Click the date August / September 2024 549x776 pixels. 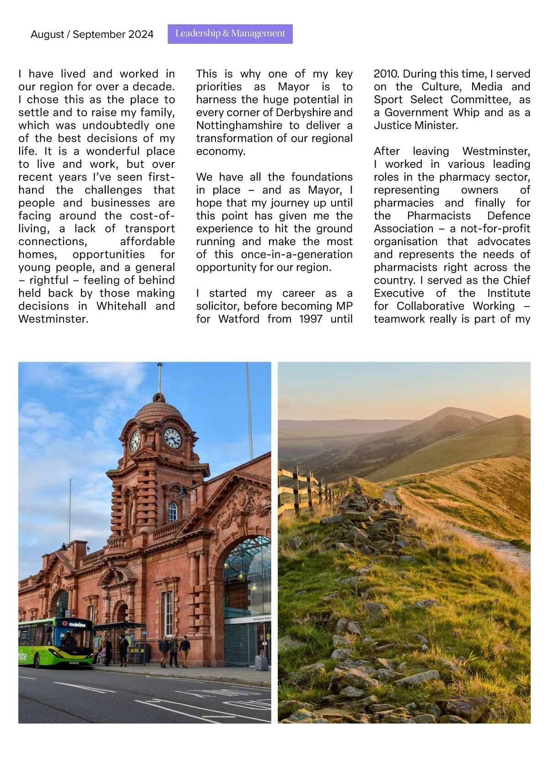92,34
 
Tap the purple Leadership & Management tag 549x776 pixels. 230,34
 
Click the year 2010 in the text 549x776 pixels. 387,74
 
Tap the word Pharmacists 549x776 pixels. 439,216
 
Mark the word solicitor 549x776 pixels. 217,306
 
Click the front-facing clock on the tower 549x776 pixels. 172,438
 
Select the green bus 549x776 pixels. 55,641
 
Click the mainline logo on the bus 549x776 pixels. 75,624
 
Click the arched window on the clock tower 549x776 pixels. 172,512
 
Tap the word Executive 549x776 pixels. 398,293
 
